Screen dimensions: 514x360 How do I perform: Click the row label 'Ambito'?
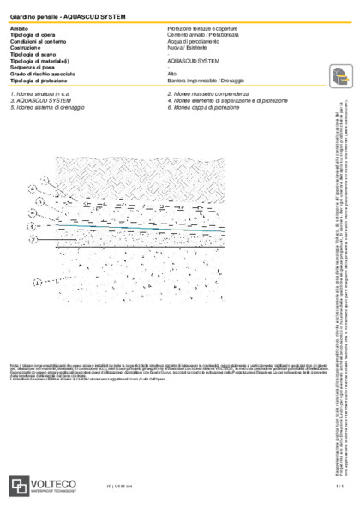(x=18, y=29)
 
